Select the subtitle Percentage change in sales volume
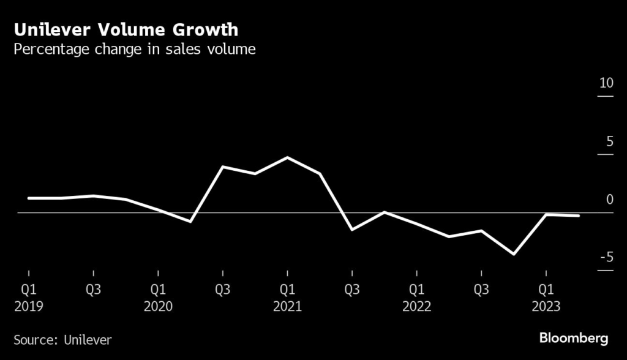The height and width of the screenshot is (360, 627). [x=135, y=50]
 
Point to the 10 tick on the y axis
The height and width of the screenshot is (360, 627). [x=606, y=83]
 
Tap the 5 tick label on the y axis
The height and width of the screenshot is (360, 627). [x=609, y=141]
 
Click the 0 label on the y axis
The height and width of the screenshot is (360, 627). [x=609, y=200]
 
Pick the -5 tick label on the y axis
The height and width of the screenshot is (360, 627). [x=606, y=258]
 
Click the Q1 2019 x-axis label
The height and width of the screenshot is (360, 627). [x=29, y=298]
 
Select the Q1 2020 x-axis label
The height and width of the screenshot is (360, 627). [x=158, y=298]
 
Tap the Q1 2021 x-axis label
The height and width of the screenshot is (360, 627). [x=287, y=298]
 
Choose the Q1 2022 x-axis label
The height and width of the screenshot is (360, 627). [x=416, y=298]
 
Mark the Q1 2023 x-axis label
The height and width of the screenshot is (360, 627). [x=546, y=298]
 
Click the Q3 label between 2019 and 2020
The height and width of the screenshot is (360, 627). [x=93, y=290]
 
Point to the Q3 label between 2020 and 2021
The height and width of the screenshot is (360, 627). [x=222, y=290]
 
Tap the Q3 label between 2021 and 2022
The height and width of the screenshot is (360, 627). [x=351, y=290]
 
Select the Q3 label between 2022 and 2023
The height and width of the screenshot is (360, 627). [x=481, y=290]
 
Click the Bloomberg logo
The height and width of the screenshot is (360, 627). [x=573, y=338]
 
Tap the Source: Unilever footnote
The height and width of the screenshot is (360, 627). [x=63, y=339]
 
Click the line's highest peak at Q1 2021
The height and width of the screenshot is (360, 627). [x=287, y=157]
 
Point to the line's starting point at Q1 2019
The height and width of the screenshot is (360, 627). [x=29, y=198]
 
